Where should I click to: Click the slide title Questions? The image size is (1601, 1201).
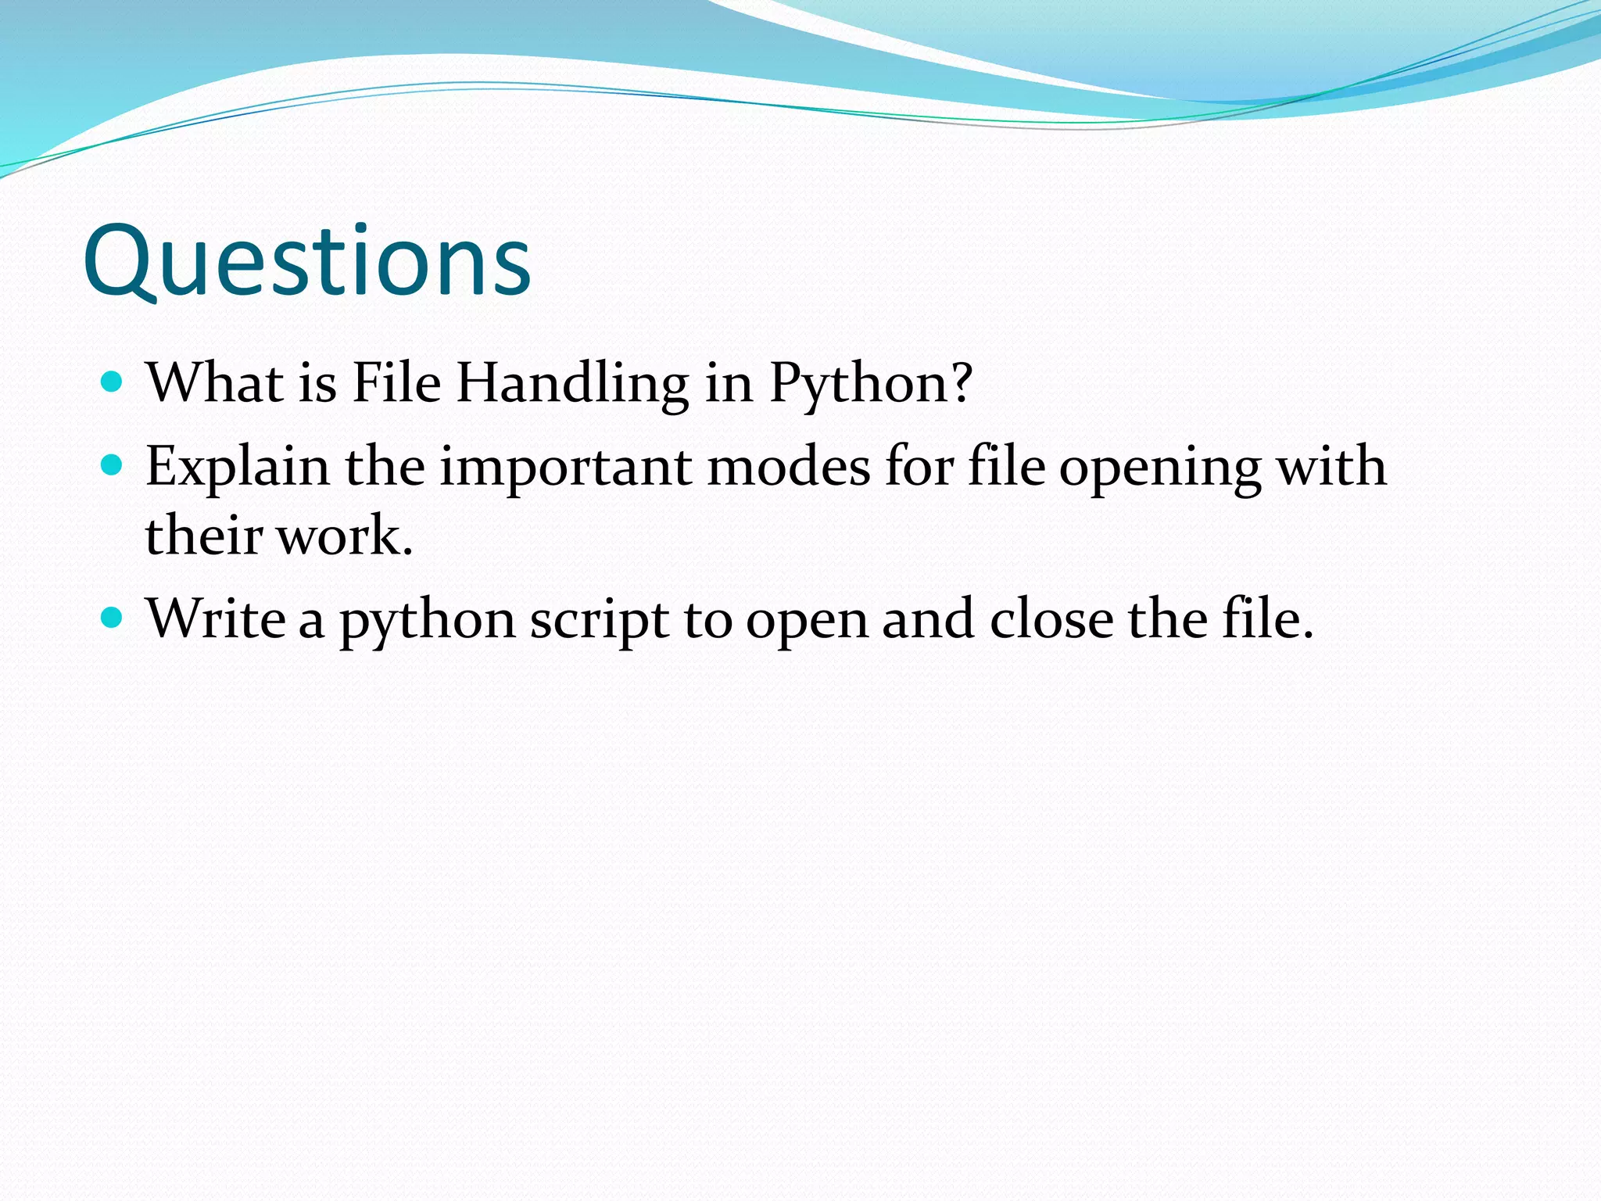click(x=306, y=262)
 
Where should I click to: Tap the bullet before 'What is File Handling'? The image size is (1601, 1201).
click(x=113, y=382)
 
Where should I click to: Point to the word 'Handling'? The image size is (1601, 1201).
click(x=572, y=385)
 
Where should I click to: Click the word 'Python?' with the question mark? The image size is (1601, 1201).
click(x=871, y=385)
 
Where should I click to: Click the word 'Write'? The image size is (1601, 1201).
click(x=216, y=619)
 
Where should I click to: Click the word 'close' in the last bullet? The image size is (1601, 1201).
click(x=1051, y=619)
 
